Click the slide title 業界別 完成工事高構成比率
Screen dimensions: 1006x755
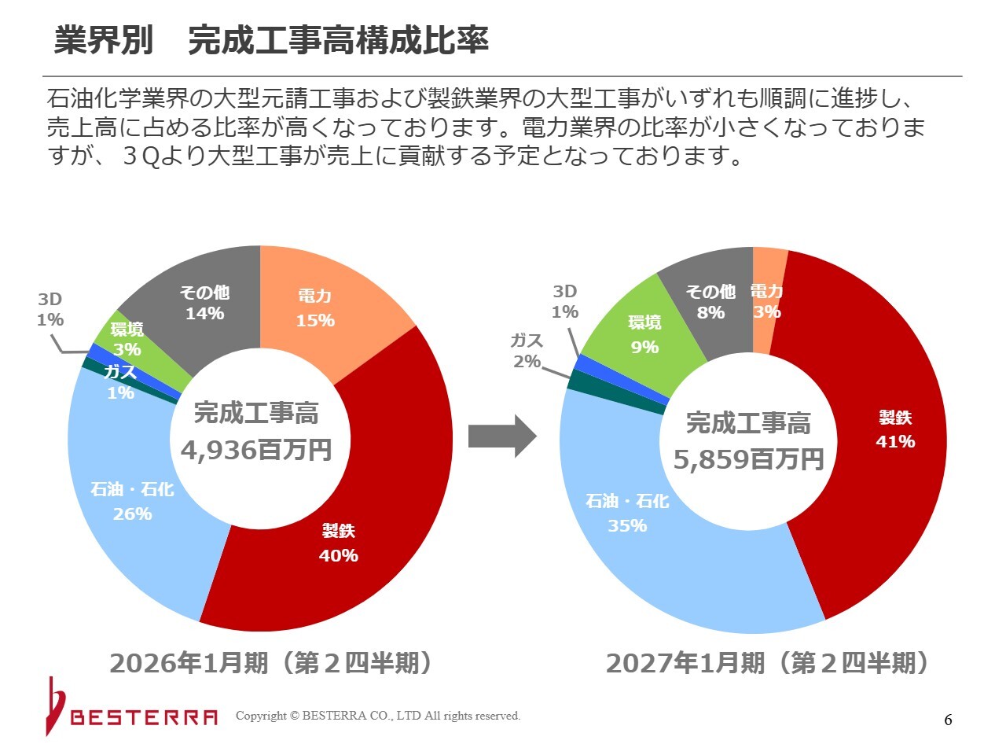(x=271, y=40)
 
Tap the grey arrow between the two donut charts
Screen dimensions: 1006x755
(x=502, y=436)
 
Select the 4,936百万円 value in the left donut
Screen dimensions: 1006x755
(x=256, y=450)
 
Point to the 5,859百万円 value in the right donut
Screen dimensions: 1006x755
(x=748, y=459)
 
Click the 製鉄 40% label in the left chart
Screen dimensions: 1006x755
(x=339, y=543)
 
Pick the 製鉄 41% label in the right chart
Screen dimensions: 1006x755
(x=895, y=429)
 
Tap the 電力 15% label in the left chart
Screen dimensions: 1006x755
(x=315, y=308)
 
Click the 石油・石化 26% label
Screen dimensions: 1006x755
(x=132, y=502)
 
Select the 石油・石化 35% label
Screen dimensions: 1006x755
(x=627, y=514)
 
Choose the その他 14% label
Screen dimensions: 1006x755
(x=204, y=303)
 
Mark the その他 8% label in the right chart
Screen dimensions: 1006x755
(x=710, y=302)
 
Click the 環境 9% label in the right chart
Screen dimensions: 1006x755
(x=644, y=335)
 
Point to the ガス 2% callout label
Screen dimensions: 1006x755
(x=527, y=351)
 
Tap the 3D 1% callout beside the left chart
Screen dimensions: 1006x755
(x=50, y=309)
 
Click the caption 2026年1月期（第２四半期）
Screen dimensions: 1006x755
(x=271, y=663)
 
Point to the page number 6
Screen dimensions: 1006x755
(x=948, y=720)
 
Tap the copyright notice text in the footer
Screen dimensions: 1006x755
(x=378, y=716)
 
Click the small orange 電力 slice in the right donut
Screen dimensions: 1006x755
(x=767, y=300)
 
